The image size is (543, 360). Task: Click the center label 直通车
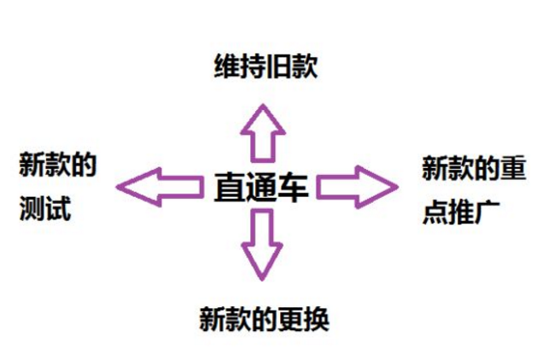(x=261, y=188)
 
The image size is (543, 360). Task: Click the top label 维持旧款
(x=266, y=67)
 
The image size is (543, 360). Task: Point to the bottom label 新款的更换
(x=264, y=319)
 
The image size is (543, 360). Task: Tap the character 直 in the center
(x=229, y=188)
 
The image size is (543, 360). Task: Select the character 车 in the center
(x=294, y=188)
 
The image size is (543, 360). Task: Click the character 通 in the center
(x=261, y=188)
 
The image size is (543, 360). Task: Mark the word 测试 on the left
(x=45, y=208)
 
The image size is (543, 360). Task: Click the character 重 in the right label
(x=514, y=168)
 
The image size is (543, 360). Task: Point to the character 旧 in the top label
(x=279, y=67)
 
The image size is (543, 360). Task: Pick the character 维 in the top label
(x=227, y=67)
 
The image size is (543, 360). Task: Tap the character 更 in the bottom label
(x=290, y=319)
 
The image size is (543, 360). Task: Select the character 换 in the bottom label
(x=316, y=319)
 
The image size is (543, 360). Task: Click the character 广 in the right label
(x=488, y=212)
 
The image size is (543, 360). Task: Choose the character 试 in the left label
(x=59, y=208)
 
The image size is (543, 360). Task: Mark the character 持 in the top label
(x=254, y=67)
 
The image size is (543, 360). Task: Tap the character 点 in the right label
(x=435, y=212)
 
